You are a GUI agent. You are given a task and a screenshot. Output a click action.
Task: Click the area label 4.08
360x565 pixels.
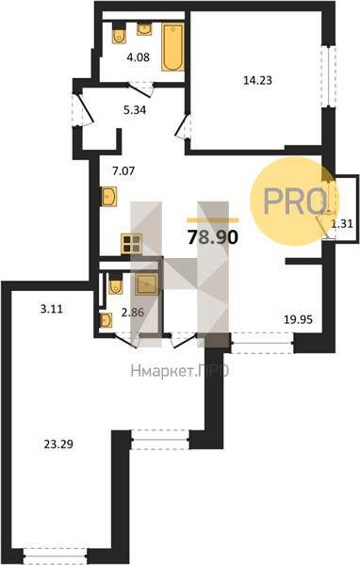coord(139,56)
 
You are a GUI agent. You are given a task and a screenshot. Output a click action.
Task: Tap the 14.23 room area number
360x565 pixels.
coord(257,80)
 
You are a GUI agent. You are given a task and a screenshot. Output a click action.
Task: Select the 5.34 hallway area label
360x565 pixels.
coord(135,110)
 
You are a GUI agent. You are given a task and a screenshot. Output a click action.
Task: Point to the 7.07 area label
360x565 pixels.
coord(123,170)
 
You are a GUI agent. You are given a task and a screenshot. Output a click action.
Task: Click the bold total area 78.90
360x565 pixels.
coord(213,237)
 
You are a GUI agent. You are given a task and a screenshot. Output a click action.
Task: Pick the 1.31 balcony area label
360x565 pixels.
coord(342,224)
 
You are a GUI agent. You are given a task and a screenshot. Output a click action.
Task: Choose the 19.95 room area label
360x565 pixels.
coord(298,319)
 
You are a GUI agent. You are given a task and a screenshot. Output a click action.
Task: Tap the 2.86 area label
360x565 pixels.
coord(133,313)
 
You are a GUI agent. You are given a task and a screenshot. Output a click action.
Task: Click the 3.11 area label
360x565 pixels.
coord(51,309)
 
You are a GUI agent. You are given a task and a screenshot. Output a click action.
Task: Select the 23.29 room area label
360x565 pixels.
coord(58,444)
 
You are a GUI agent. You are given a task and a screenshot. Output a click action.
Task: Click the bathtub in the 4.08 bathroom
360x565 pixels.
coord(172,47)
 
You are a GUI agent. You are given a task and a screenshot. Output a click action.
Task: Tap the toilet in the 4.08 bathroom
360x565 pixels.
coord(119,34)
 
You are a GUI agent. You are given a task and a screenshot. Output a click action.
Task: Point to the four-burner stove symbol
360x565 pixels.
coord(131,244)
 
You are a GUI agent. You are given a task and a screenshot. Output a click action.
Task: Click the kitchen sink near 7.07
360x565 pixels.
coord(109,197)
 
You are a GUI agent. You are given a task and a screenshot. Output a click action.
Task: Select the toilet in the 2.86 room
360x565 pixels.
coord(115,283)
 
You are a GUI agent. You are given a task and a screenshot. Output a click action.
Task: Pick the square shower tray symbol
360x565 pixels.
coord(147,284)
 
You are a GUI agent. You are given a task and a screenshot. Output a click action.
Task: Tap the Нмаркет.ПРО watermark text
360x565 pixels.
coord(180,371)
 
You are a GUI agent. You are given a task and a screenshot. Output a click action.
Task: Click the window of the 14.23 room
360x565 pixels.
coord(329,76)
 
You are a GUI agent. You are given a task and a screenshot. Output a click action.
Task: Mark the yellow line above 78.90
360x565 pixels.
coord(213,219)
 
